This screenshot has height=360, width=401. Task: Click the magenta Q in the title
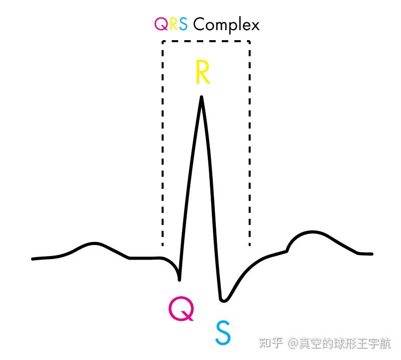(162, 24)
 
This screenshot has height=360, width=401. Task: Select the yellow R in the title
(173, 24)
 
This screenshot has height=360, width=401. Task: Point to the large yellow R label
(202, 73)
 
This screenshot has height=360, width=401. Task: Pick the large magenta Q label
(181, 309)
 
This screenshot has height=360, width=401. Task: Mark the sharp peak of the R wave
(202, 97)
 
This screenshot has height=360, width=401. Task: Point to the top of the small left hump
(94, 244)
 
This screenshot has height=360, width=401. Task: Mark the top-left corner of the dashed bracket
(163, 42)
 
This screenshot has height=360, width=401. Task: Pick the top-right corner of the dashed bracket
(249, 42)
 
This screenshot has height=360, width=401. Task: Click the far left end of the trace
(33, 259)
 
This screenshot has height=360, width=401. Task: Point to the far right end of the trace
(372, 254)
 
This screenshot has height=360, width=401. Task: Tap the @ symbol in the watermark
(293, 344)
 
